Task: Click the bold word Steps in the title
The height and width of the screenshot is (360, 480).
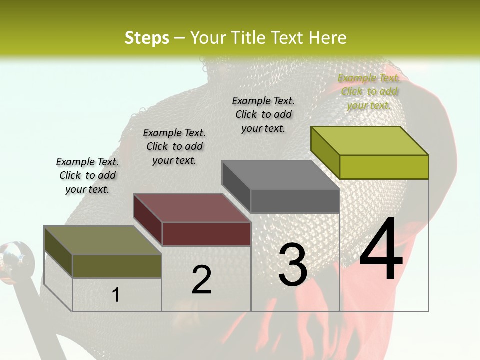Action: pyautogui.click(x=147, y=38)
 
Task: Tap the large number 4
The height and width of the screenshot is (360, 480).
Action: pyautogui.click(x=381, y=249)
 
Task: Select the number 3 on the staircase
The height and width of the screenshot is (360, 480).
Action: pyautogui.click(x=292, y=265)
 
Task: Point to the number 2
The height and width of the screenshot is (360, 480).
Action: pyautogui.click(x=201, y=279)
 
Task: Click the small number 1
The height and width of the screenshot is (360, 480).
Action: pyautogui.click(x=115, y=295)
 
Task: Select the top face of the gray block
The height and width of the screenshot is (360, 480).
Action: pyautogui.click(x=280, y=175)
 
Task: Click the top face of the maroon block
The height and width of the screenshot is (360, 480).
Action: pyautogui.click(x=192, y=208)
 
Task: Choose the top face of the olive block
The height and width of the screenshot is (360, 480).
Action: pyautogui.click(x=103, y=240)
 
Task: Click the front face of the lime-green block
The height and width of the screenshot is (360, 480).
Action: pyautogui.click(x=384, y=167)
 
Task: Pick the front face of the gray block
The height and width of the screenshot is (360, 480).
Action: pyautogui.click(x=295, y=201)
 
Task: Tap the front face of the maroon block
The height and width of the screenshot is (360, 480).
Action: pyautogui.click(x=206, y=234)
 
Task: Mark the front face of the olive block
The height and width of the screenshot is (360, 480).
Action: pyautogui.click(x=117, y=266)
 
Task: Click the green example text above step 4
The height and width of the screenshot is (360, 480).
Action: pyautogui.click(x=369, y=91)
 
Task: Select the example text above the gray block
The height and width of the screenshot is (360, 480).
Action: pyautogui.click(x=263, y=114)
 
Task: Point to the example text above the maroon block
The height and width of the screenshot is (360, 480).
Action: pyautogui.click(x=174, y=146)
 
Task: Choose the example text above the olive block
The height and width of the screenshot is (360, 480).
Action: pyautogui.click(x=87, y=175)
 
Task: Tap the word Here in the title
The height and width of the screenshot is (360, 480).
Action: pyautogui.click(x=327, y=38)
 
